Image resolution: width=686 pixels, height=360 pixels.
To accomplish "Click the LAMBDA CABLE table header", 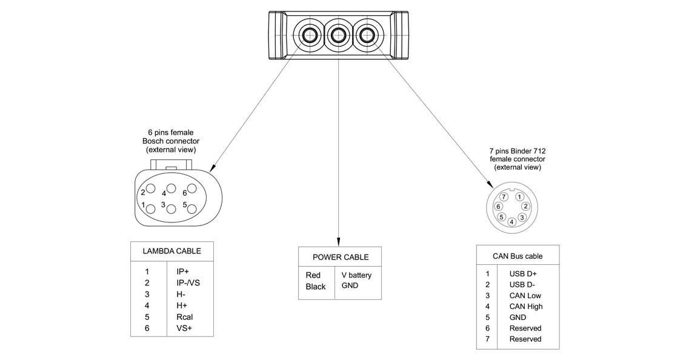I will click(171, 251).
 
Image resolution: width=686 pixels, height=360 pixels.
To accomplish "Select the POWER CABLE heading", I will click(340, 257).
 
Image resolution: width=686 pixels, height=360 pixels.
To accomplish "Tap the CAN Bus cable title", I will click(518, 256).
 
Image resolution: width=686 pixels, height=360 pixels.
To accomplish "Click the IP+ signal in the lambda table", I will click(182, 272).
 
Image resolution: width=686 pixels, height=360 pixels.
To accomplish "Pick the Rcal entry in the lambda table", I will click(184, 317).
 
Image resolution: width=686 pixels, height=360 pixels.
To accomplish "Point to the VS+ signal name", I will click(184, 328).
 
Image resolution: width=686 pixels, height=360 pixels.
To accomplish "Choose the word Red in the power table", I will click(313, 275).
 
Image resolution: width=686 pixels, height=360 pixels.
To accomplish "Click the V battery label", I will click(356, 275).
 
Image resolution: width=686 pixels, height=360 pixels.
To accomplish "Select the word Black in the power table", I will click(316, 287).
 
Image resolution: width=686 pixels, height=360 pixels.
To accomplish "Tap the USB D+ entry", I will click(523, 274).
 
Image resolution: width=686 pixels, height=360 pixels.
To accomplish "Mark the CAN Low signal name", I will click(525, 296).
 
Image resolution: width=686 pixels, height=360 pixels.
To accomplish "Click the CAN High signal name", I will click(526, 307).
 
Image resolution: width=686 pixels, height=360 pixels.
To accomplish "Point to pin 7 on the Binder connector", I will click(504, 197).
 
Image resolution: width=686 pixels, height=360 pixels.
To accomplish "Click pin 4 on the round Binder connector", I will click(512, 222).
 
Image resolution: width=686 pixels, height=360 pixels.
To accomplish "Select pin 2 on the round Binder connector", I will click(525, 206).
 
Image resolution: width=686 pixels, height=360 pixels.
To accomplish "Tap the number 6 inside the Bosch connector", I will click(185, 193).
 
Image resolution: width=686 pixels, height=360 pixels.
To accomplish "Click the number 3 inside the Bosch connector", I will click(163, 205).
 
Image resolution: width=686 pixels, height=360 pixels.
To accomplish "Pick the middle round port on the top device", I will click(338, 35).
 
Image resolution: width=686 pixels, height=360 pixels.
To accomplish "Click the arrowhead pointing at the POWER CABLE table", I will click(339, 242).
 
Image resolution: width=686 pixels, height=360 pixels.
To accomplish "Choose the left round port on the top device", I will click(309, 35).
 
